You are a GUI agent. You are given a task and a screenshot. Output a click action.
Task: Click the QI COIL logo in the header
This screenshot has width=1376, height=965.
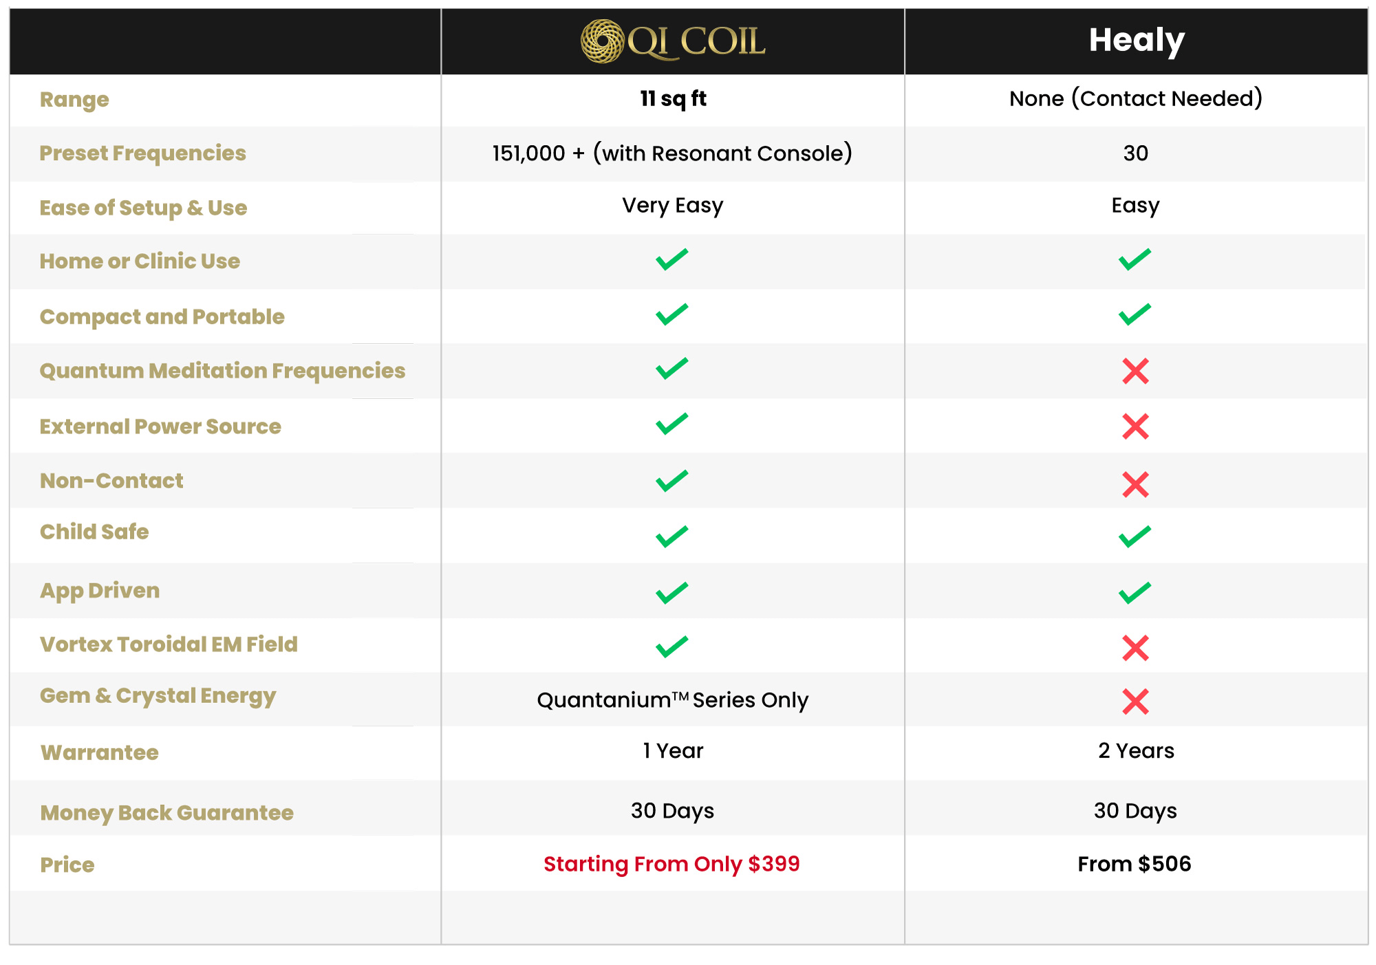pos(672,41)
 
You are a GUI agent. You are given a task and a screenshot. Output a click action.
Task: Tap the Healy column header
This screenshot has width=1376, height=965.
pos(1136,40)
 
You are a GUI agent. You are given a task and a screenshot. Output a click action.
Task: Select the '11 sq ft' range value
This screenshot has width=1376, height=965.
pos(672,99)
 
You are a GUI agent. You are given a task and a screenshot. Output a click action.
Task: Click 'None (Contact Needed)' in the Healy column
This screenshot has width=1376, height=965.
pos(1135,99)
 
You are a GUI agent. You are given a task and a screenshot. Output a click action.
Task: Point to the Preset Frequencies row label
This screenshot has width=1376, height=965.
pos(142,153)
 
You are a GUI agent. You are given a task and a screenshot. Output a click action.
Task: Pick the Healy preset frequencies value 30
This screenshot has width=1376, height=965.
pos(1135,153)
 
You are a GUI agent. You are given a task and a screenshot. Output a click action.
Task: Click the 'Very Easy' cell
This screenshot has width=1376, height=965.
pos(672,206)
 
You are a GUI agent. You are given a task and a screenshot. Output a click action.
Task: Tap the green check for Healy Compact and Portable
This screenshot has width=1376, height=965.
pos(1135,314)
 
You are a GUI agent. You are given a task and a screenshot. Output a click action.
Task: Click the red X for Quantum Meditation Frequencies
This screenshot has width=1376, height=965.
pos(1135,371)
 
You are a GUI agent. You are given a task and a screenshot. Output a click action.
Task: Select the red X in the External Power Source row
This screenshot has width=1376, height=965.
pos(1135,426)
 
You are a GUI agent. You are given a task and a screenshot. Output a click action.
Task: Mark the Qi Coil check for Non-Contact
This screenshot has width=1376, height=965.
pos(672,481)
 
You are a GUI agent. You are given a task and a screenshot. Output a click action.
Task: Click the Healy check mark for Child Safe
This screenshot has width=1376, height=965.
pos(1135,536)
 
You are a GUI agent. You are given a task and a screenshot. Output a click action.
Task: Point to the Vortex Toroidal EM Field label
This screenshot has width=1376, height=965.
pos(169,644)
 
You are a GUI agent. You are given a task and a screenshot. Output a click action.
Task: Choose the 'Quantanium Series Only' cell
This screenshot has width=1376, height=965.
pos(672,700)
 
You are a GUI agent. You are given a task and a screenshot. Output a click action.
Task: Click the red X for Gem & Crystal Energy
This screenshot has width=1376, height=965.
pos(1135,702)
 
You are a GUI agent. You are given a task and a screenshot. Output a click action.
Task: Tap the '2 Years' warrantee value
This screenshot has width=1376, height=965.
pos(1136,751)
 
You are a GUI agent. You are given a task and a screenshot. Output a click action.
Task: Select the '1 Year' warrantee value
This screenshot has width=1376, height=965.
pos(672,751)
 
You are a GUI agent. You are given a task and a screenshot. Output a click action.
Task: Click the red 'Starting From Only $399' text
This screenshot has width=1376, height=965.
pos(671,864)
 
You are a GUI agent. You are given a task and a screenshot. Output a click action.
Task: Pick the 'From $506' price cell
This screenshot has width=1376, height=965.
pos(1134,864)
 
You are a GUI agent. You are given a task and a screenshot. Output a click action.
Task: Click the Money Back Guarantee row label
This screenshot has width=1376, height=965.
pos(166,813)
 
